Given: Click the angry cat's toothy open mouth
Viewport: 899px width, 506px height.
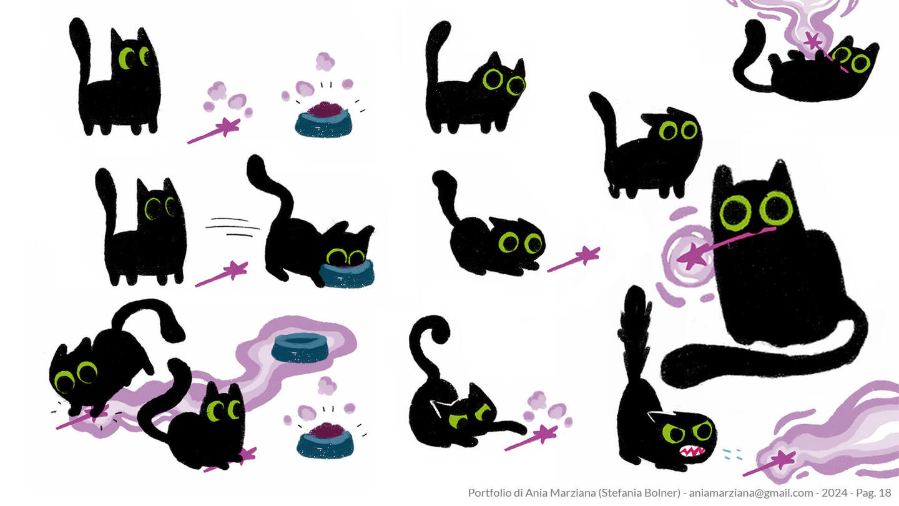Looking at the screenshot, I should (x=692, y=450).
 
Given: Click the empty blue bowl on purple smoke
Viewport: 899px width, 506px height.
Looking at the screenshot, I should (x=300, y=347).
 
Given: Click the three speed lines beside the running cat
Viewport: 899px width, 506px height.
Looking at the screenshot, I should (x=232, y=227).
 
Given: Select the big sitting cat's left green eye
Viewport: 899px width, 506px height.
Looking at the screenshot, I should (x=735, y=213).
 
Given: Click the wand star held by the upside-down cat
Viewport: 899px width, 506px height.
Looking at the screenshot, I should (x=813, y=41).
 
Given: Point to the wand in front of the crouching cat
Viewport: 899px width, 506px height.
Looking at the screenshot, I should (x=574, y=259).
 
